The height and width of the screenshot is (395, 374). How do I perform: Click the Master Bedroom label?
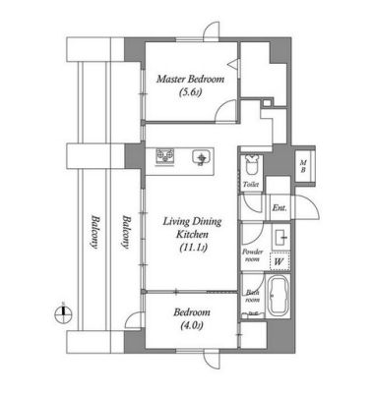pos(190,79)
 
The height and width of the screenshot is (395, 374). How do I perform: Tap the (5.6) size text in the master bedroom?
pos(190,94)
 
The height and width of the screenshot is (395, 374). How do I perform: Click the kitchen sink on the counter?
pos(203,157)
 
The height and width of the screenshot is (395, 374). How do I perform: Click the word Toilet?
pos(251,184)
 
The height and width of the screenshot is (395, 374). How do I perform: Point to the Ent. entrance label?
pos(280,207)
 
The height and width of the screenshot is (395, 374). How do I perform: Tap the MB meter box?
pos(304,165)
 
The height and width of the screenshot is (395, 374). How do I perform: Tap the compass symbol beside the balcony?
pos(62,312)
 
